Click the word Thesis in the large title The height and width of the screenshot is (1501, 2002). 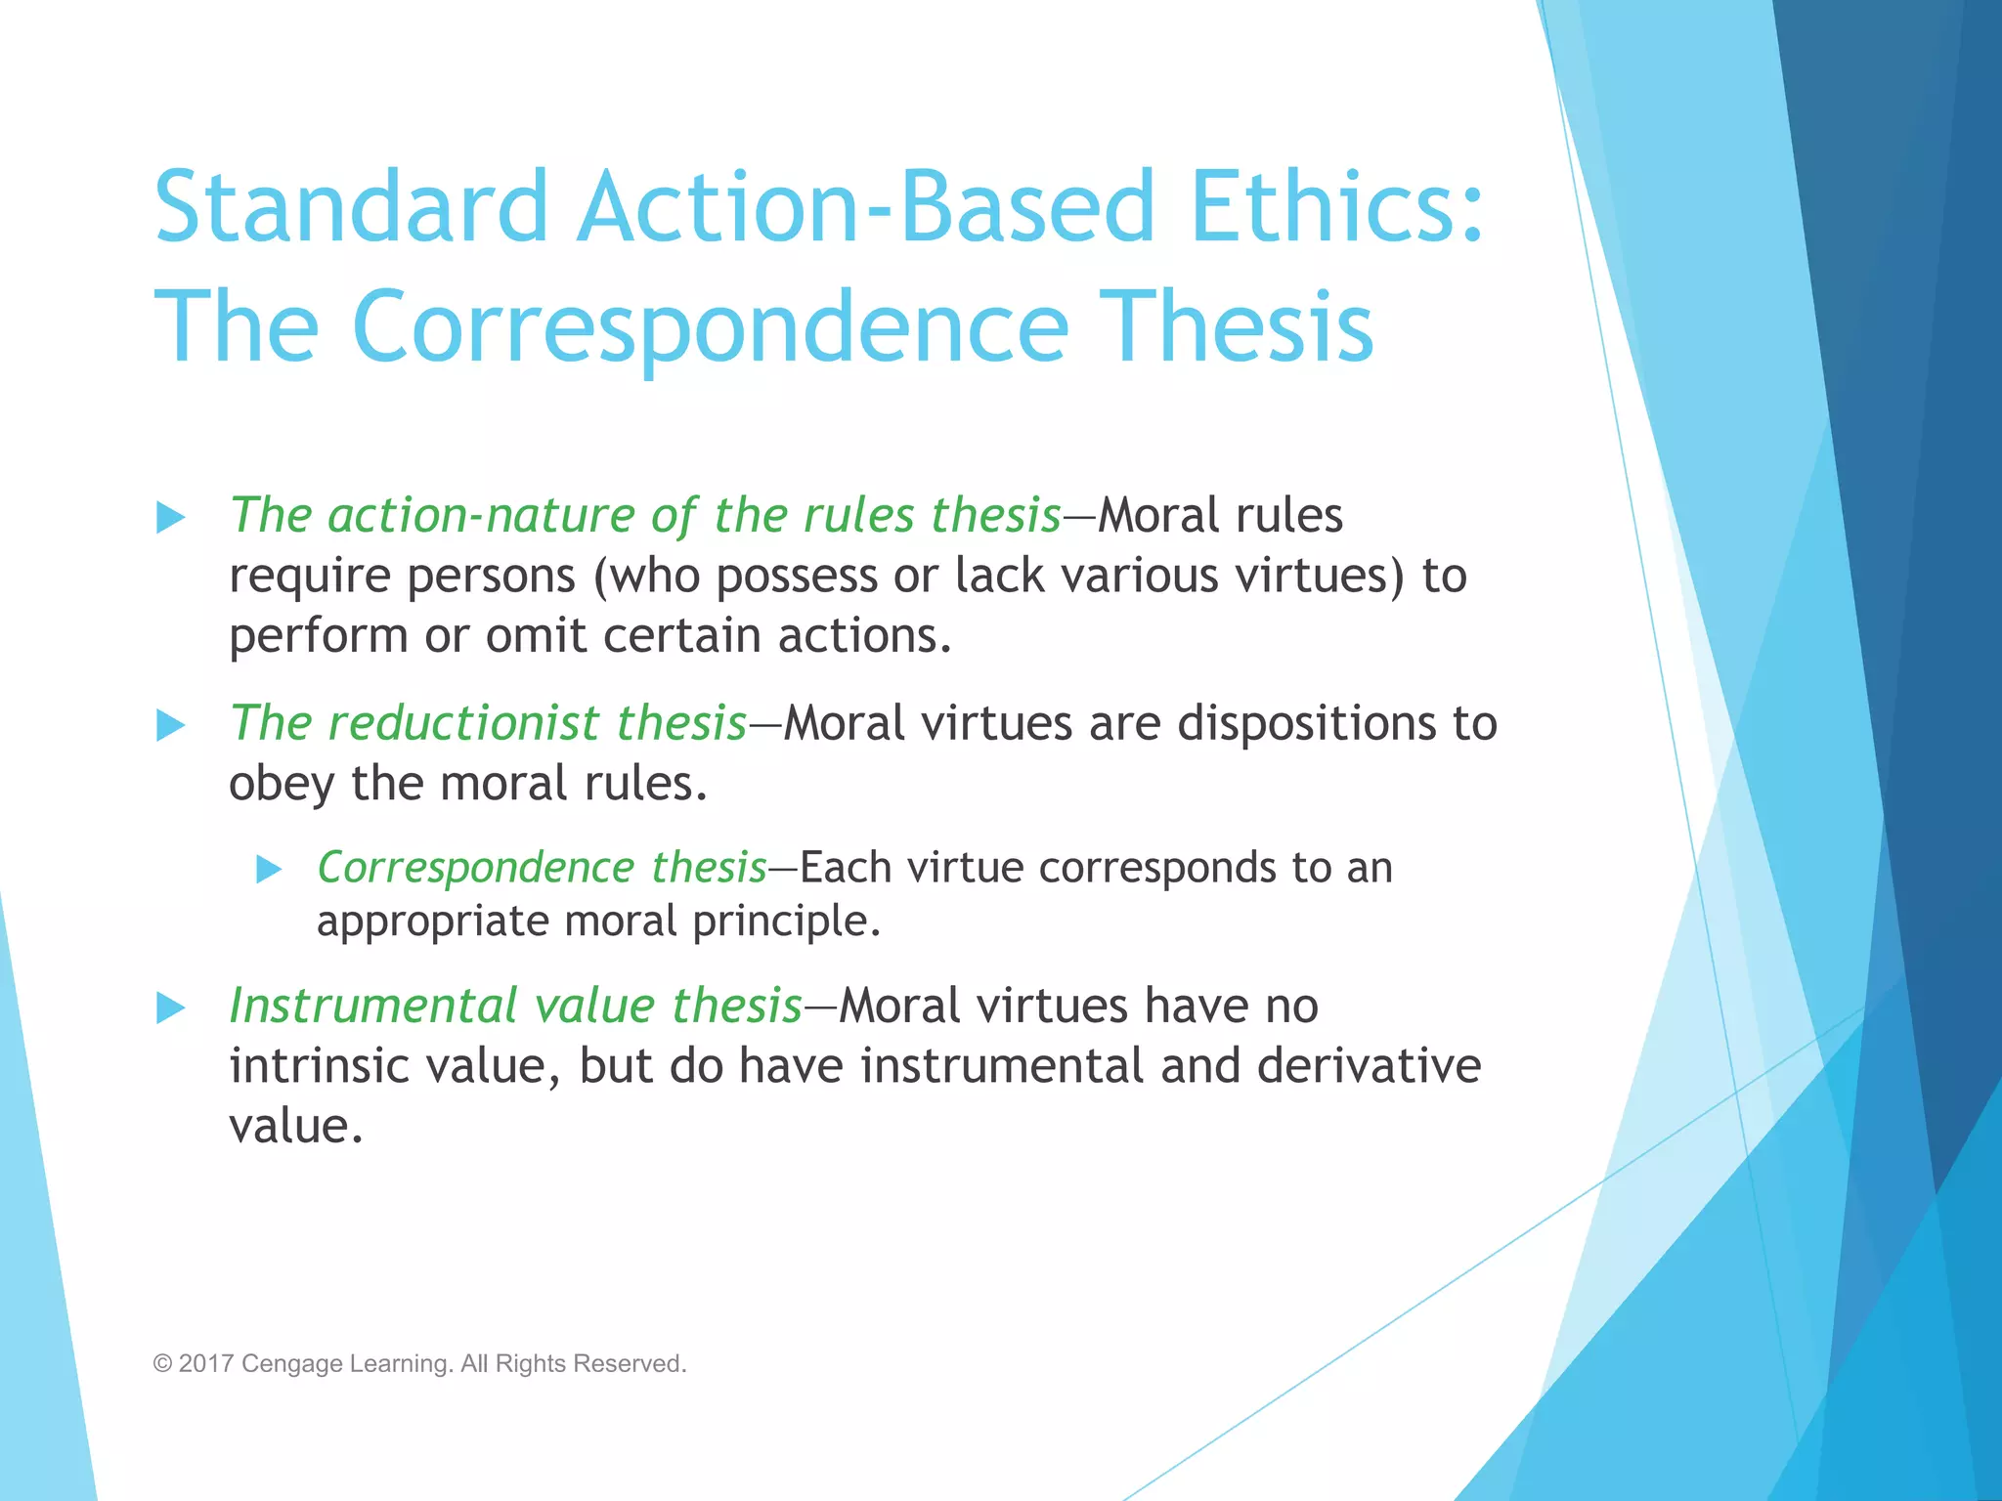click(1241, 326)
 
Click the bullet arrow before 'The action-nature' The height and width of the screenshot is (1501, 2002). click(171, 517)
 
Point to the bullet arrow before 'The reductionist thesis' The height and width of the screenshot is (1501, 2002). click(171, 725)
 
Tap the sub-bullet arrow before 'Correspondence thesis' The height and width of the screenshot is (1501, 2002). click(269, 869)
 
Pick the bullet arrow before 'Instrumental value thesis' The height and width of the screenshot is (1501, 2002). click(171, 1008)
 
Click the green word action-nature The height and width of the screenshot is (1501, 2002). click(481, 515)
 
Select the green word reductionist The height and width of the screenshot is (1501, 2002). click(462, 723)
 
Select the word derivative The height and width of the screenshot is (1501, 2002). click(1369, 1065)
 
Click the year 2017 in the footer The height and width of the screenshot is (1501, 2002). click(205, 1363)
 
